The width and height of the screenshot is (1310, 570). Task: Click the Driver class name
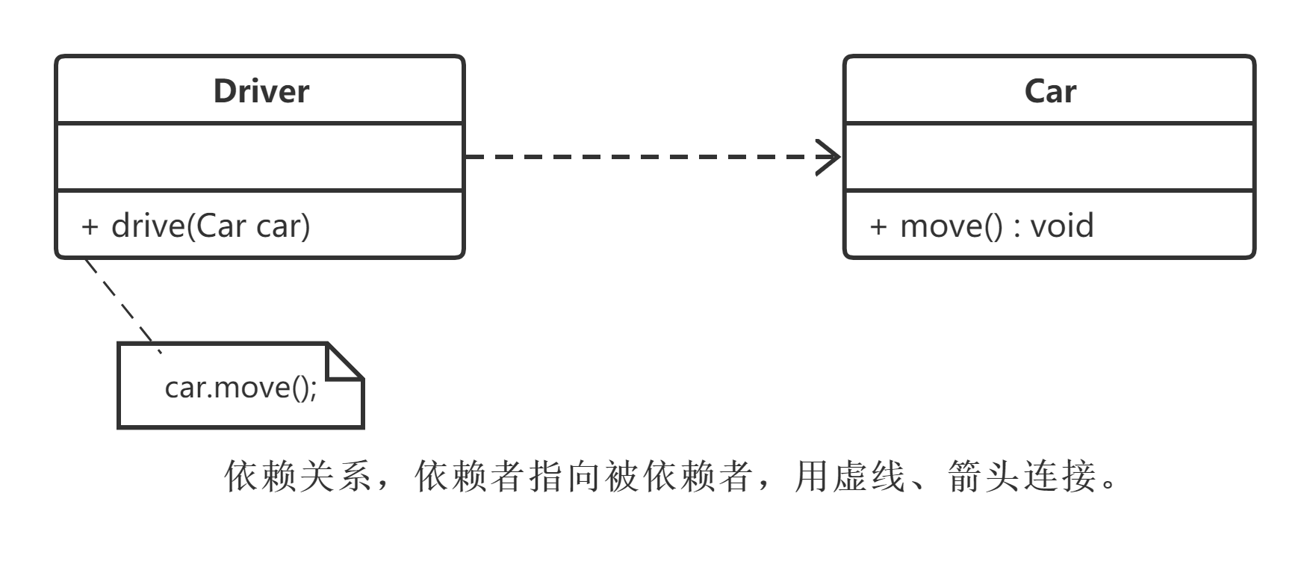pyautogui.click(x=261, y=91)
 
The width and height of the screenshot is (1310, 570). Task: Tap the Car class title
pyautogui.click(x=1049, y=91)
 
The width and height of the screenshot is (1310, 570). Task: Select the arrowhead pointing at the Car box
pyautogui.click(x=829, y=157)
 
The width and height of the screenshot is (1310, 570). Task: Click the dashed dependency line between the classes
pyautogui.click(x=635, y=157)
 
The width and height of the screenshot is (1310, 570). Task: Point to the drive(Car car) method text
pyautogui.click(x=210, y=226)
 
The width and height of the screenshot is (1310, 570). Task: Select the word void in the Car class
pyautogui.click(x=1061, y=226)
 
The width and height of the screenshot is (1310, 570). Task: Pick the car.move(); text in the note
pyautogui.click(x=240, y=388)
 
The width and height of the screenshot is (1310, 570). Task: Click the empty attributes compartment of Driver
pyautogui.click(x=260, y=157)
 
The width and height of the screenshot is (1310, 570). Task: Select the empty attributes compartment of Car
pyautogui.click(x=1049, y=157)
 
